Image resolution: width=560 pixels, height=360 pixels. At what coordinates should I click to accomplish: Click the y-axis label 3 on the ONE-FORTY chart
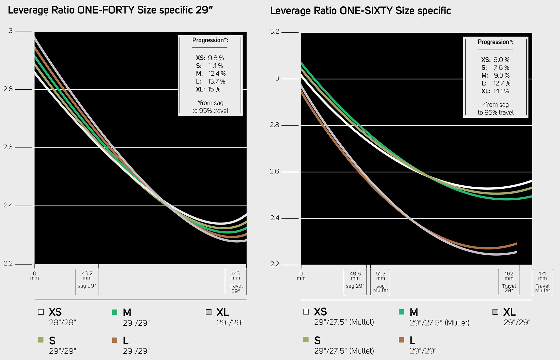(10, 31)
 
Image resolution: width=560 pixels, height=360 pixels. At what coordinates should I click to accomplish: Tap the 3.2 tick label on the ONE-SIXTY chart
(274, 32)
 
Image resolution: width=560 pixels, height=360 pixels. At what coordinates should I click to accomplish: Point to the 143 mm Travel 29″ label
(235, 282)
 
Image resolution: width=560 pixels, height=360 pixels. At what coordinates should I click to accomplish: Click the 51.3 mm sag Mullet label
(380, 282)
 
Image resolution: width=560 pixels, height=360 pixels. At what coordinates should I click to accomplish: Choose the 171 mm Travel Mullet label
(542, 282)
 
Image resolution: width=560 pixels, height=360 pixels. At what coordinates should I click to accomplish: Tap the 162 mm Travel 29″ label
(509, 282)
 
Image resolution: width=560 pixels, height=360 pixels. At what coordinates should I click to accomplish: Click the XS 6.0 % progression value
(501, 60)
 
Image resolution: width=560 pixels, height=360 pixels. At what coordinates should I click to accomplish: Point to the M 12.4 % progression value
(217, 74)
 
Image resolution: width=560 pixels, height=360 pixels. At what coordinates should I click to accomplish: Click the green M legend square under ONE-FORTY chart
(115, 312)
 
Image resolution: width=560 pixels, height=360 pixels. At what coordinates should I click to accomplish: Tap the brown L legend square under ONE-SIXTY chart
(401, 340)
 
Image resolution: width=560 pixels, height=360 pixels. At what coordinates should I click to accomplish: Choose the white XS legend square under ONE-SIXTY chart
(306, 312)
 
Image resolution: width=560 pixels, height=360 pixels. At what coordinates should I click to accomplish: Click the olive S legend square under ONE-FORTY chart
(41, 340)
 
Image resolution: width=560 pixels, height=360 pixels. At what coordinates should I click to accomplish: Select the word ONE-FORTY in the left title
(106, 10)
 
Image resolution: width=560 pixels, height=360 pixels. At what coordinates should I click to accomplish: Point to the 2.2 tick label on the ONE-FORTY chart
(8, 264)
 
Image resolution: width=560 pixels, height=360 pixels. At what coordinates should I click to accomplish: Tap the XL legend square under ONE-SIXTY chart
(495, 312)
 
